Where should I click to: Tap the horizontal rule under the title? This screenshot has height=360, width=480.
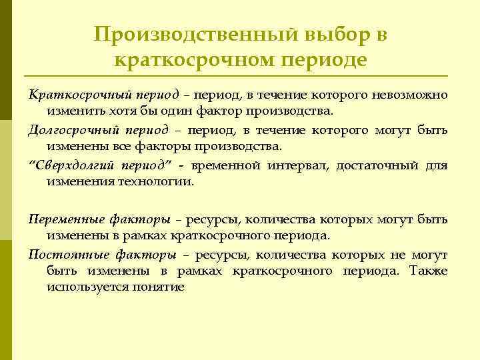click(240, 75)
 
